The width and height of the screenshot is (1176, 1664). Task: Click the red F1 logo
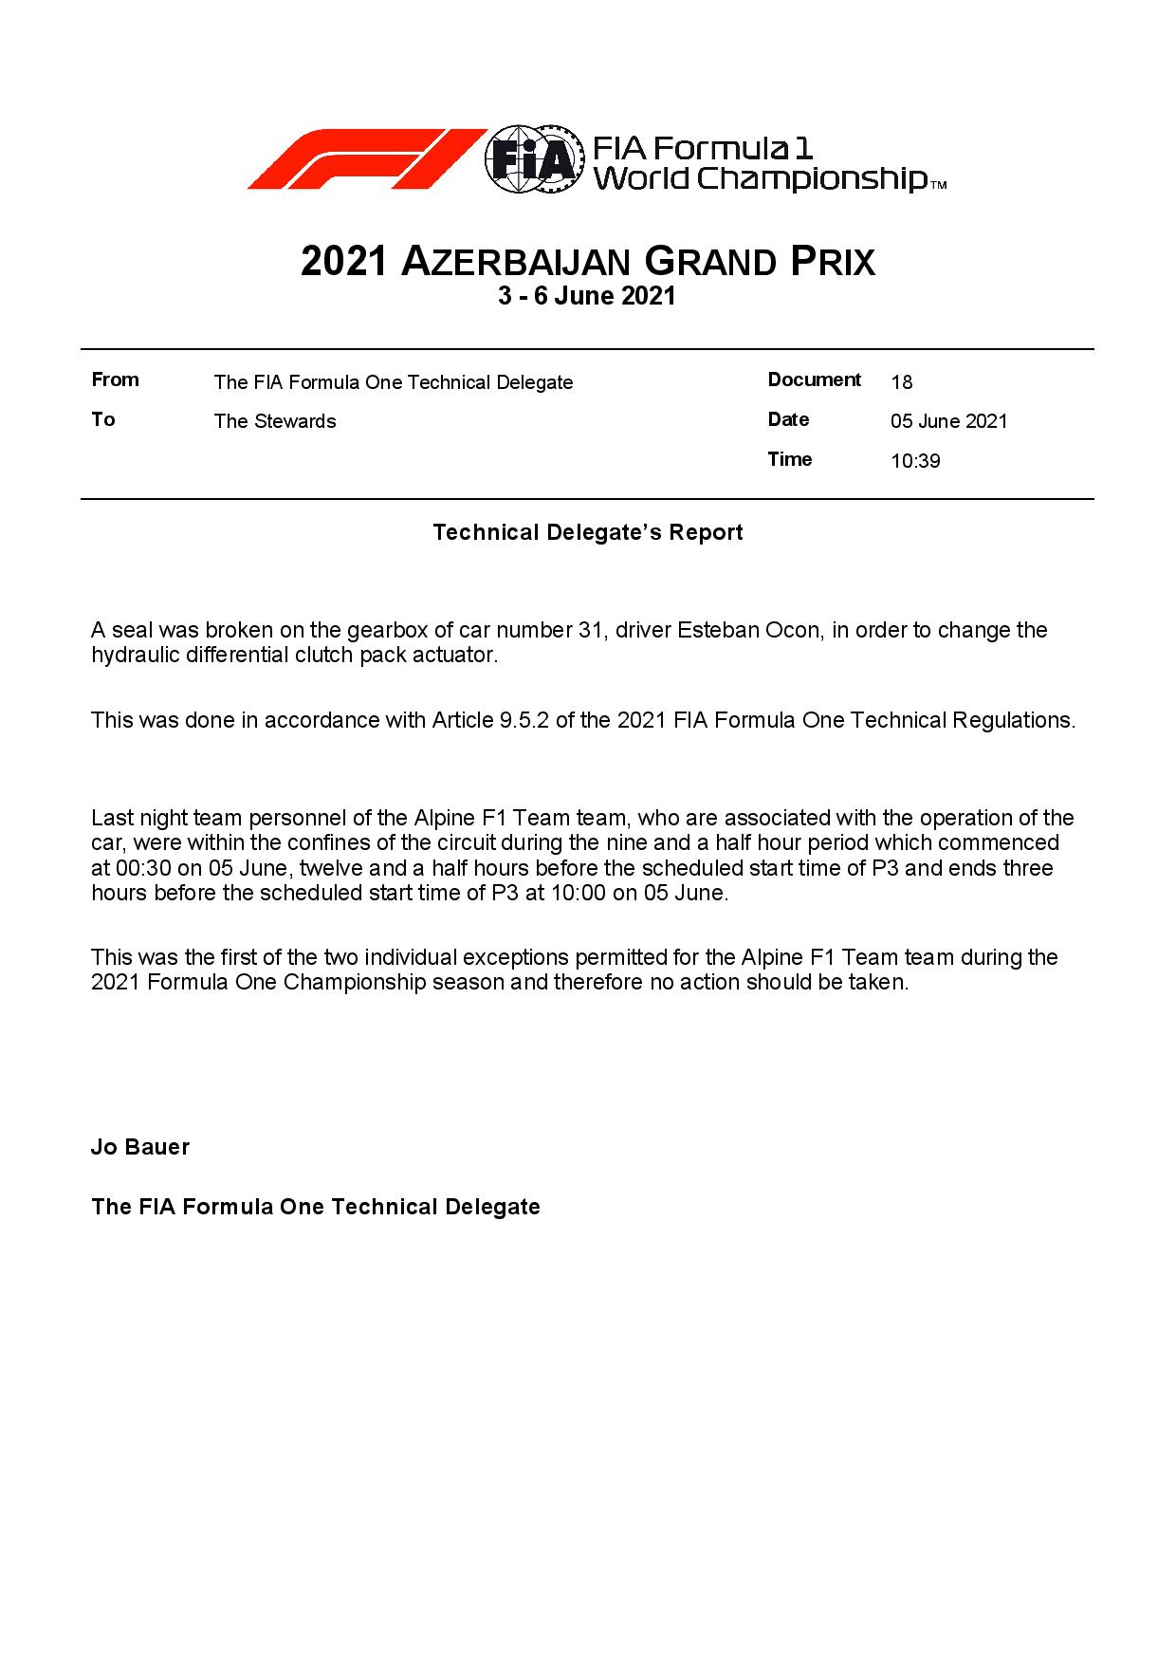365,158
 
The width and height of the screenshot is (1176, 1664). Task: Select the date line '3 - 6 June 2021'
587,296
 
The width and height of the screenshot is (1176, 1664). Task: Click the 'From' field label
115,380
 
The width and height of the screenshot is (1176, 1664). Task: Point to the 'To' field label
102,419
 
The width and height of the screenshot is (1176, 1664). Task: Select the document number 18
901,382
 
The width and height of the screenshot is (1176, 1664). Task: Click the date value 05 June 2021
948,421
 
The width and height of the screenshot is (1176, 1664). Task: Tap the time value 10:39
915,461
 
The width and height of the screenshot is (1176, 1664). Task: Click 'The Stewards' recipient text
274,421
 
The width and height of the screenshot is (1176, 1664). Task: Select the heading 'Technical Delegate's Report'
587,532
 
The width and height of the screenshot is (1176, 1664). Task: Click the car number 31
590,631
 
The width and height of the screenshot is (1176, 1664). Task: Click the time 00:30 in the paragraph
139,868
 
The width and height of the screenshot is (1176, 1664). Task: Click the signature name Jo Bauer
140,1147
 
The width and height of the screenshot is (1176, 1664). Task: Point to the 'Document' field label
814,380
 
